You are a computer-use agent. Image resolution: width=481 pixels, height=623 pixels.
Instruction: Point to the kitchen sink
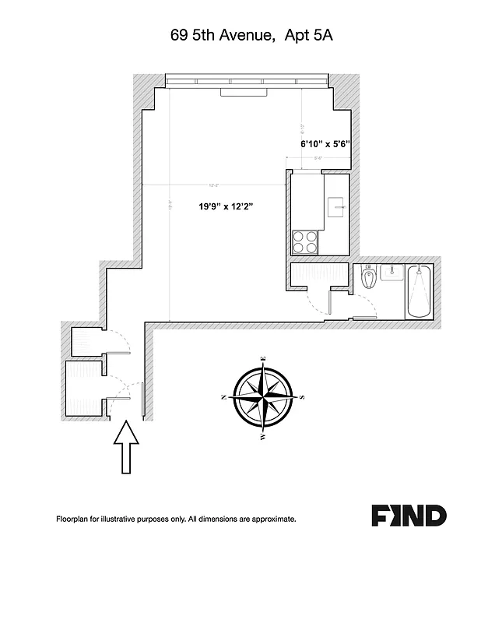coord(335,204)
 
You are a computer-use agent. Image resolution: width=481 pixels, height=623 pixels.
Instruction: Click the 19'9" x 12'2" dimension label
coord(226,206)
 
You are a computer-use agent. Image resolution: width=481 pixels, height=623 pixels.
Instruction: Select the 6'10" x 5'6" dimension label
coord(326,144)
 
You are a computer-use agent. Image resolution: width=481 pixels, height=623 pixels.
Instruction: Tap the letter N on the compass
coord(224,397)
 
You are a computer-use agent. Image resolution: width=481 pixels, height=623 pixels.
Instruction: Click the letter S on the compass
coord(303,397)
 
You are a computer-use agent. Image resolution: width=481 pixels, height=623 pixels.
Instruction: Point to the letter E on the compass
coord(265,359)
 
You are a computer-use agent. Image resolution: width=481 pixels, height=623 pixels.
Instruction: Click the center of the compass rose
coord(263,397)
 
